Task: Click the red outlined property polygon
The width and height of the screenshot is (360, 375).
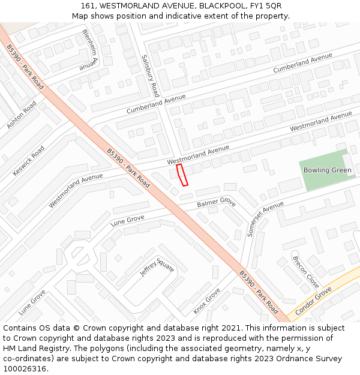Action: [x=182, y=175]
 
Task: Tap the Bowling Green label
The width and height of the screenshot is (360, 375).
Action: [x=327, y=170]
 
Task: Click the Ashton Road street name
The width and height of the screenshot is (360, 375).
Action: [x=22, y=115]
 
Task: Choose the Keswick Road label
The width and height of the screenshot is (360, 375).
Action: [x=29, y=161]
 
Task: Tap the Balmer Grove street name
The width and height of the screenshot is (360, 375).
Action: [x=216, y=203]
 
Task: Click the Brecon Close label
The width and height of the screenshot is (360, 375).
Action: [x=305, y=271]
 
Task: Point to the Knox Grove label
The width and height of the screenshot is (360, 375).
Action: [x=207, y=301]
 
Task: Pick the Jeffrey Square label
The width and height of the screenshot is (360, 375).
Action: [x=157, y=267]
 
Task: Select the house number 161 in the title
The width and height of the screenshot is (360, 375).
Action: [x=88, y=5]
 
